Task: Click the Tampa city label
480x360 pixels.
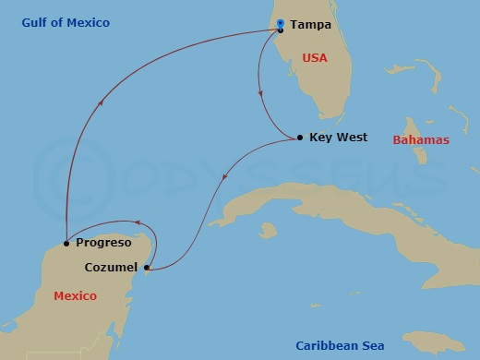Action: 311,25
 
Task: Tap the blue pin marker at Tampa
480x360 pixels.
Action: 281,26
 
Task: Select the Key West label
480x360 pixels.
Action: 338,138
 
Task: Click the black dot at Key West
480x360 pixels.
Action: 300,138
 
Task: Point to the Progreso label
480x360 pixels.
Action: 102,244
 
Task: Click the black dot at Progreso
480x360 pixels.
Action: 66,244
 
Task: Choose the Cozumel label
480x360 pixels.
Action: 111,268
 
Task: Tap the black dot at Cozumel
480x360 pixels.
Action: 148,270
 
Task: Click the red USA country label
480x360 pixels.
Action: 315,57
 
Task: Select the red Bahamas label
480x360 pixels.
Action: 421,140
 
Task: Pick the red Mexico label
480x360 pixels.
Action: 76,296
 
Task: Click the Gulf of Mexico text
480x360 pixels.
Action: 66,22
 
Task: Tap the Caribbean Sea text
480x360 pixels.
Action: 340,345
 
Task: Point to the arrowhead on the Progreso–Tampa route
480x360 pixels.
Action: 101,104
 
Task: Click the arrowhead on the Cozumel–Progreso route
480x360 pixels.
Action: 138,222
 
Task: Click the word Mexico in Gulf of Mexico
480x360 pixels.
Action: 89,22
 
